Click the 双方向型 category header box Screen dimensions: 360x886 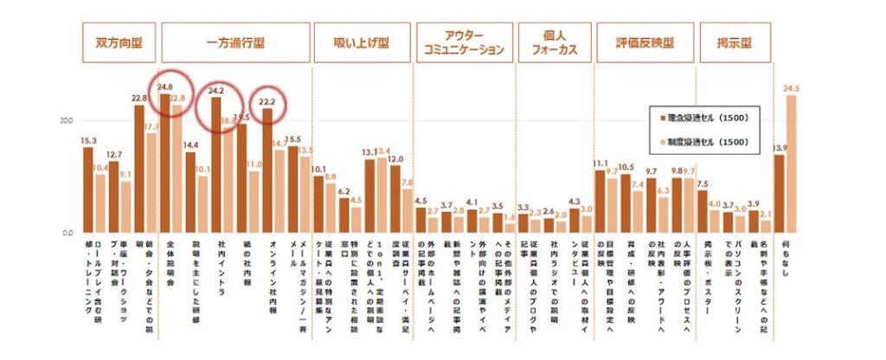[x=119, y=42]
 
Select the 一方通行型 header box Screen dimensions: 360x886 [x=235, y=42]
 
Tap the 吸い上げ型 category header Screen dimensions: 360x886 [x=363, y=42]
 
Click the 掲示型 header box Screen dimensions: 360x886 [x=732, y=42]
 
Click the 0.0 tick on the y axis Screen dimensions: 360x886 [x=67, y=233]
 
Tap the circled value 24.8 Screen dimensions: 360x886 [x=165, y=87]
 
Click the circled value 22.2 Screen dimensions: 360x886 [x=267, y=101]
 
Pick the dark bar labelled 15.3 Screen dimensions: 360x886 [x=87, y=190]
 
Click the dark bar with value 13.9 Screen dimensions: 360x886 [x=779, y=194]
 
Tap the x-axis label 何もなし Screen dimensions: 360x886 [x=785, y=260]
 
